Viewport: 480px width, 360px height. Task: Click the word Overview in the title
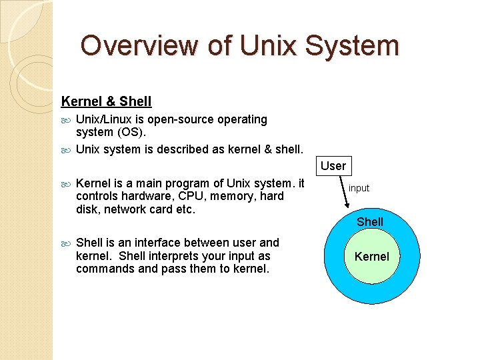[139, 46]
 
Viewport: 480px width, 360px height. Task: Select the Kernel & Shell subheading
[106, 102]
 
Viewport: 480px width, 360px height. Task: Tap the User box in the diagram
[333, 166]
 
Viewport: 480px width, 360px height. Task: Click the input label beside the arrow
[359, 189]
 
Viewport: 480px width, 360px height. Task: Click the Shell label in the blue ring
[370, 221]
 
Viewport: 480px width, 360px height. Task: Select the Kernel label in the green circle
[371, 257]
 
